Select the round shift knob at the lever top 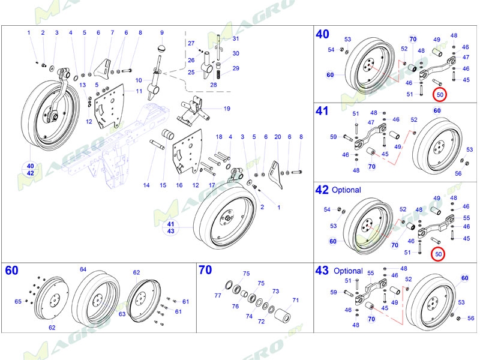point(161,47)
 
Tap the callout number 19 point(227,109)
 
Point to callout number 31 point(236,39)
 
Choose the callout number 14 point(146,185)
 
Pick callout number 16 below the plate point(179,185)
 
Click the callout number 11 point(139,91)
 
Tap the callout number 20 point(277,137)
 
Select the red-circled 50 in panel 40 point(440,94)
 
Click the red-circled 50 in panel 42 point(439,254)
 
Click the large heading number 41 point(322,111)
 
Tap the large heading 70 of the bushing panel point(206,271)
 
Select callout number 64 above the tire point(83,269)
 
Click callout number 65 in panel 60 point(17,301)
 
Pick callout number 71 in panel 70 point(295,299)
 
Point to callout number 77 point(217,295)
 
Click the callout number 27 point(191,44)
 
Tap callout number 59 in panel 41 point(334,137)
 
